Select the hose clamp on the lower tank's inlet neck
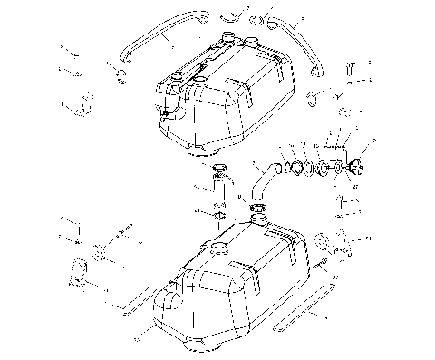(256, 210)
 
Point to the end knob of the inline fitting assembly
(356, 167)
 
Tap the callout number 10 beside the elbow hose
(237, 195)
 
